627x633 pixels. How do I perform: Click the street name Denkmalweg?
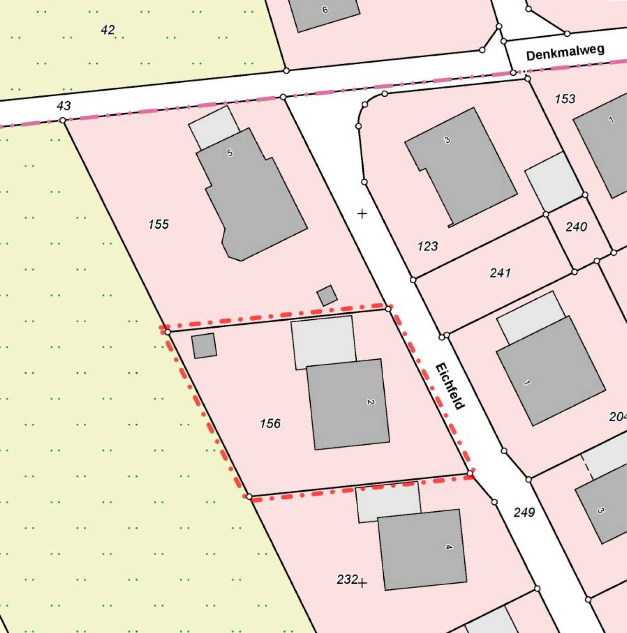(565, 53)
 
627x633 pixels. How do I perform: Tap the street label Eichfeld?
(450, 386)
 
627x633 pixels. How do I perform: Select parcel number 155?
(158, 224)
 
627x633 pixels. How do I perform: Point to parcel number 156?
(270, 423)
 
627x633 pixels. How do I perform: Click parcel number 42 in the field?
(107, 30)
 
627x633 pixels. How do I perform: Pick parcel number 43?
(64, 106)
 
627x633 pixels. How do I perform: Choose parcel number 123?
(427, 246)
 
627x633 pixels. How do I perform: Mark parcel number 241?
(500, 273)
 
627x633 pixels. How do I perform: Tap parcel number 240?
(576, 227)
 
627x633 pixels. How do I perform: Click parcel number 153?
(565, 99)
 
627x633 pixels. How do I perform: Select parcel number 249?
(524, 512)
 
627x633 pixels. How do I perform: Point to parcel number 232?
(347, 579)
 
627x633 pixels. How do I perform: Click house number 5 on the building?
(229, 152)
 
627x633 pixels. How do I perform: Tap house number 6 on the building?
(325, 9)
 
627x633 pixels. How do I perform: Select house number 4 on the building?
(448, 547)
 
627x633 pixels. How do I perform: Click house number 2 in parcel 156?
(370, 402)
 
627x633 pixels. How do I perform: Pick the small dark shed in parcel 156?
(204, 346)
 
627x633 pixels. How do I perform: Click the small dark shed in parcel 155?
(327, 296)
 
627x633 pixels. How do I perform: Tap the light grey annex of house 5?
(214, 126)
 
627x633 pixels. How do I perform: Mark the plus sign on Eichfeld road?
(362, 213)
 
